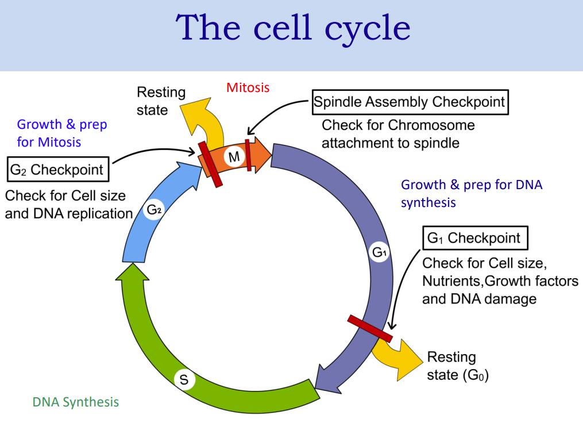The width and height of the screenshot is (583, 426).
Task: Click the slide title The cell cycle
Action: (x=293, y=28)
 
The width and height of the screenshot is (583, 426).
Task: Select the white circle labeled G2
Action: (x=155, y=210)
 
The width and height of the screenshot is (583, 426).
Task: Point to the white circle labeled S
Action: (x=184, y=379)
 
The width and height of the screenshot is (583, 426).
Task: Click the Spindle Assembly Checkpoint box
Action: (x=410, y=102)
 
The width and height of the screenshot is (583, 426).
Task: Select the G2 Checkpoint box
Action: (x=57, y=170)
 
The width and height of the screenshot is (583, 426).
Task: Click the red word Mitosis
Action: (x=248, y=87)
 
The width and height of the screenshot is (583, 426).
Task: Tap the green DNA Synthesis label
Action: (x=75, y=402)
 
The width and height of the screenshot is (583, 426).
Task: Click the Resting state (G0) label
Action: (x=457, y=367)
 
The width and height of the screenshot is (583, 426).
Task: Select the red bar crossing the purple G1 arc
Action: (x=370, y=329)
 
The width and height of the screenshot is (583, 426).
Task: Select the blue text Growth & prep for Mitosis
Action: (x=61, y=133)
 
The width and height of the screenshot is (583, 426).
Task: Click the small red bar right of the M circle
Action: (x=249, y=155)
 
